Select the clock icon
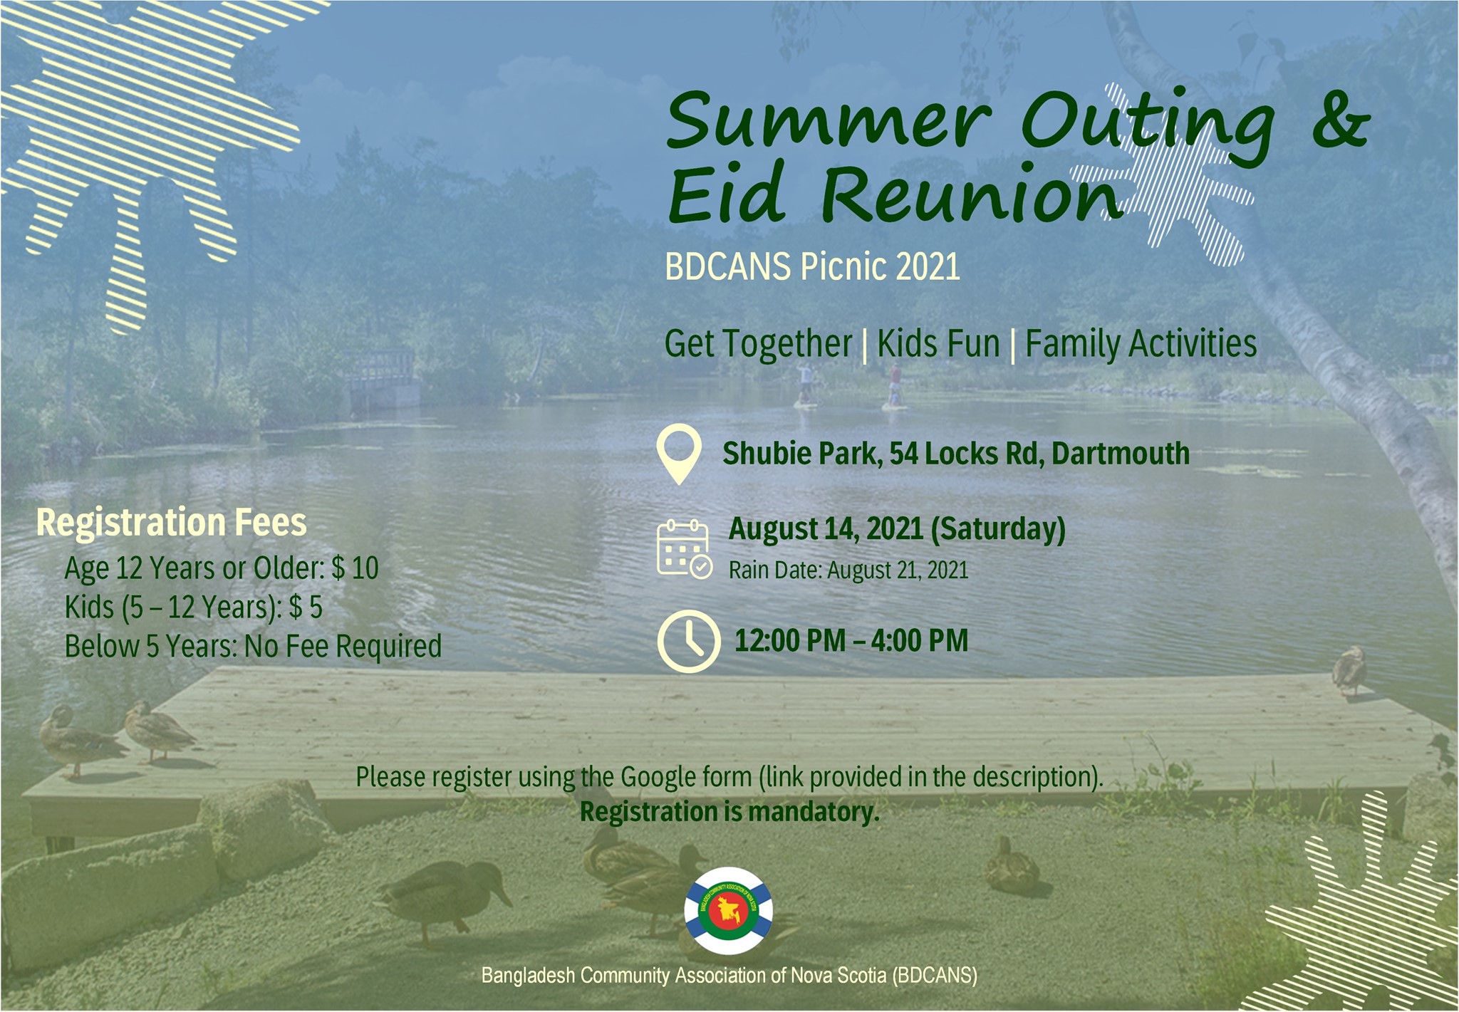point(688,641)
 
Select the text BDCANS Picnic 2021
point(812,266)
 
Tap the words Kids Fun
point(938,344)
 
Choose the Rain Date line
point(848,570)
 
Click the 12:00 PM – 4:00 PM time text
point(851,640)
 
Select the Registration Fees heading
point(172,522)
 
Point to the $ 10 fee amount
point(355,568)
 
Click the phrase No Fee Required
point(343,647)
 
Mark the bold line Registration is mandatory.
point(729,812)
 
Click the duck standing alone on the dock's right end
point(1349,669)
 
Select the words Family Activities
point(1141,344)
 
